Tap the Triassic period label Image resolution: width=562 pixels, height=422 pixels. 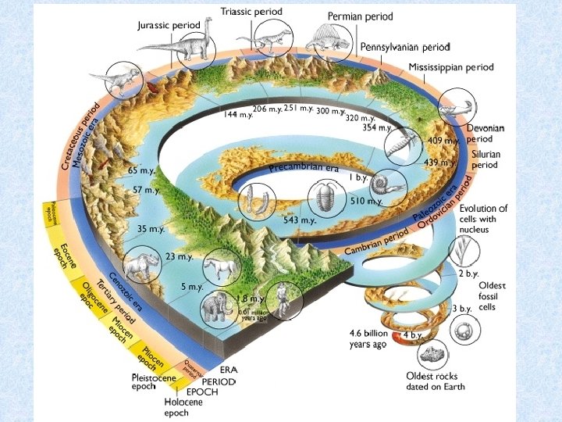251,12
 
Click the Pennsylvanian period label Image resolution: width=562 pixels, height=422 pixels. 405,48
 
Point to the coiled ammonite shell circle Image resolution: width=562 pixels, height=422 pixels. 387,187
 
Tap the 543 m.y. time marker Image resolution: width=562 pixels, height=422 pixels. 300,220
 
